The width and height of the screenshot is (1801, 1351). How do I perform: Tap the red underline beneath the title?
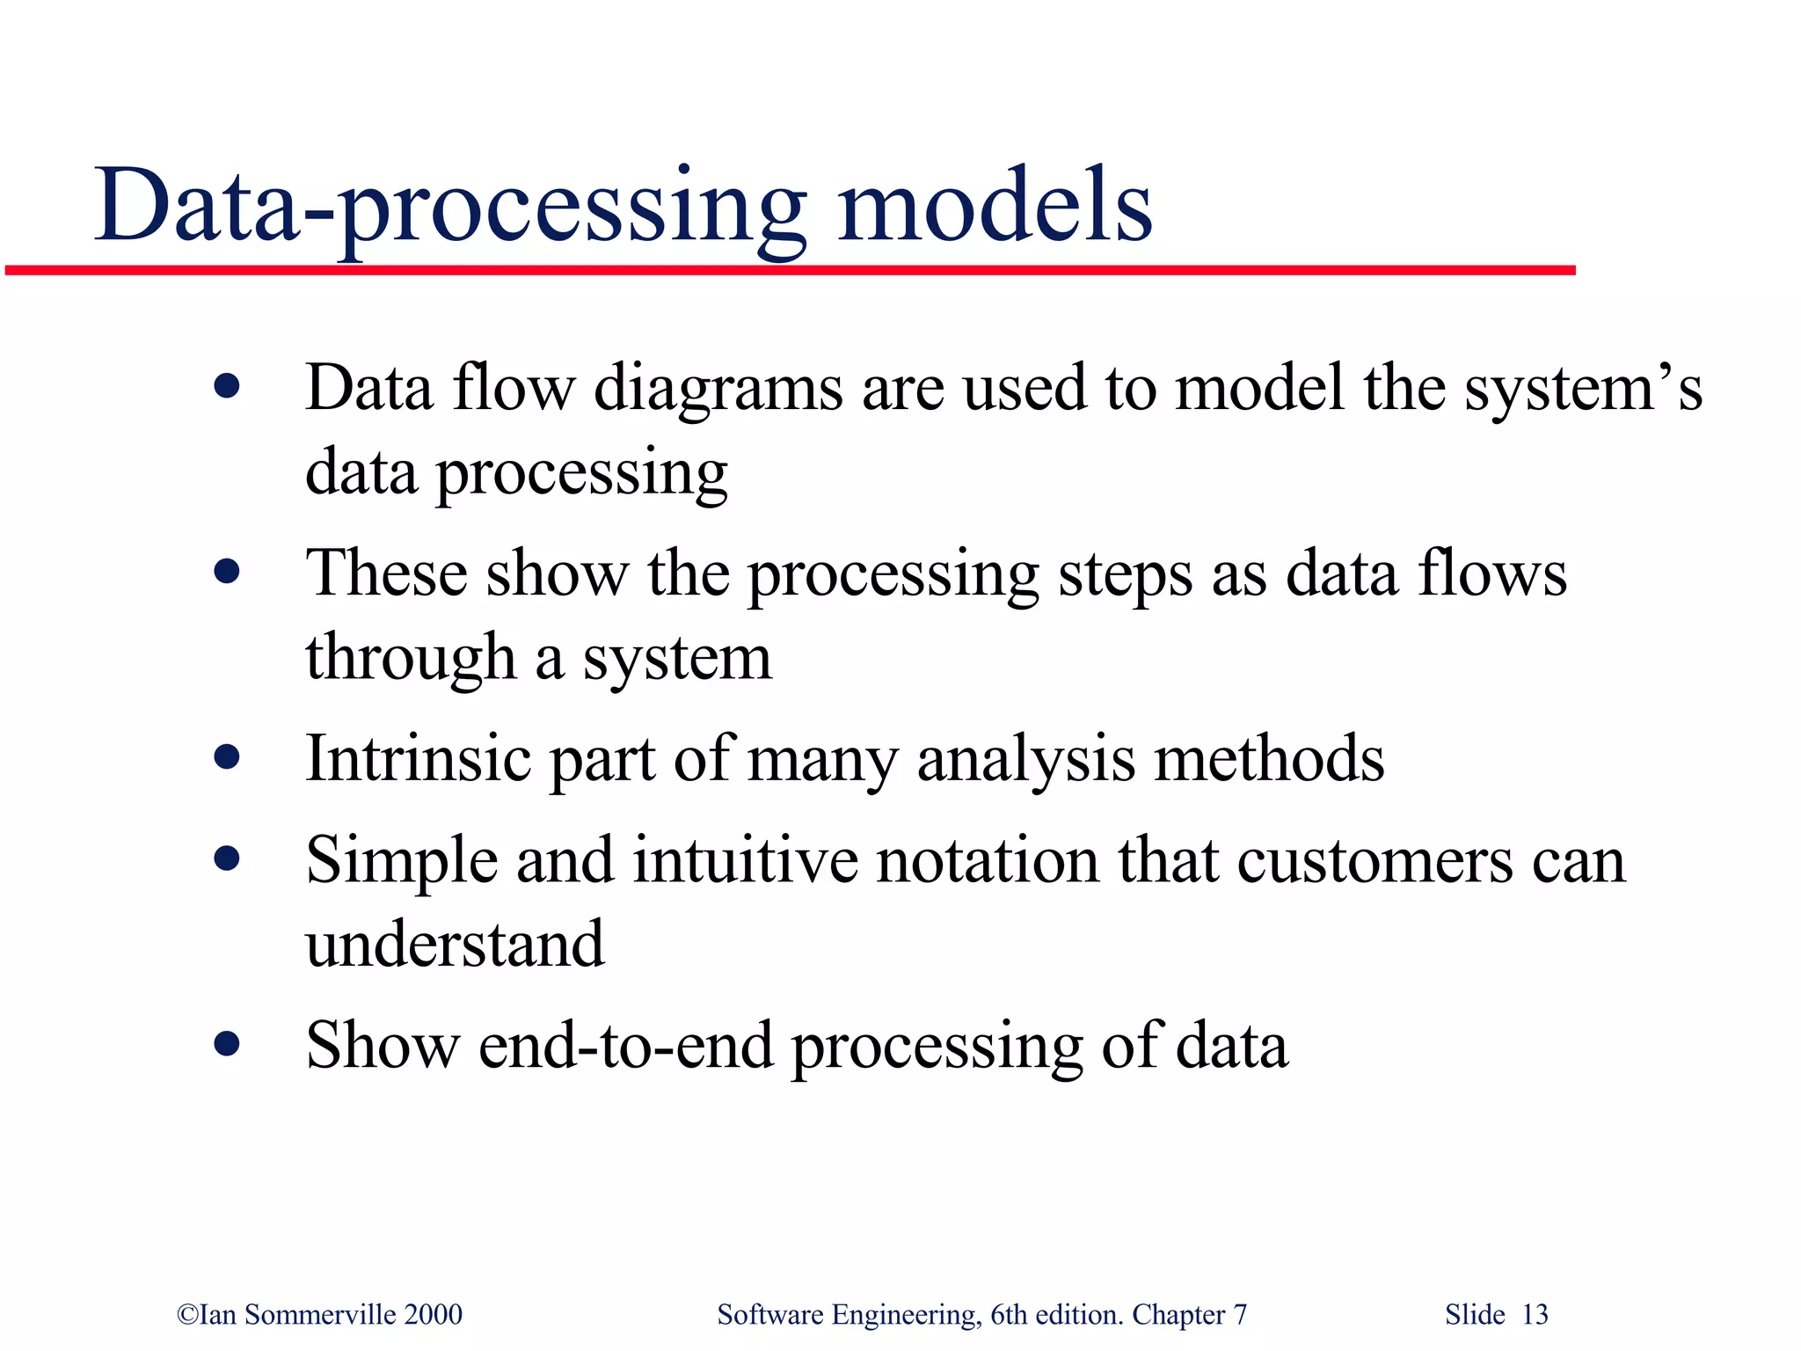coord(791,270)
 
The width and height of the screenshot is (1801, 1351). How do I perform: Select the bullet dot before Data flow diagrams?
coord(227,386)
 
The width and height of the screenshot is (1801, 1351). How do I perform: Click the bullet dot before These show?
coord(227,572)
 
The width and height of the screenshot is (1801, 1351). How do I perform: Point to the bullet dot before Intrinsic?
coord(227,756)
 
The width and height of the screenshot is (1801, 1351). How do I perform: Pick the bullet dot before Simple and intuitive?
coord(227,858)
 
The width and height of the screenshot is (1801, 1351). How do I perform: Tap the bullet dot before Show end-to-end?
coord(227,1043)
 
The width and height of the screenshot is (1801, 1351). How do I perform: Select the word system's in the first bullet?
coord(1583,389)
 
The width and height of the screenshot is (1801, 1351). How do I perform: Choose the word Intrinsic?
coord(418,758)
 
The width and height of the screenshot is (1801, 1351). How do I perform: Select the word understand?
coord(455,944)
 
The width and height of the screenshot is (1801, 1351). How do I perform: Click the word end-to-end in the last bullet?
coord(625,1046)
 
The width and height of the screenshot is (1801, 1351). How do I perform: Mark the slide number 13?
coord(1535,1314)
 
